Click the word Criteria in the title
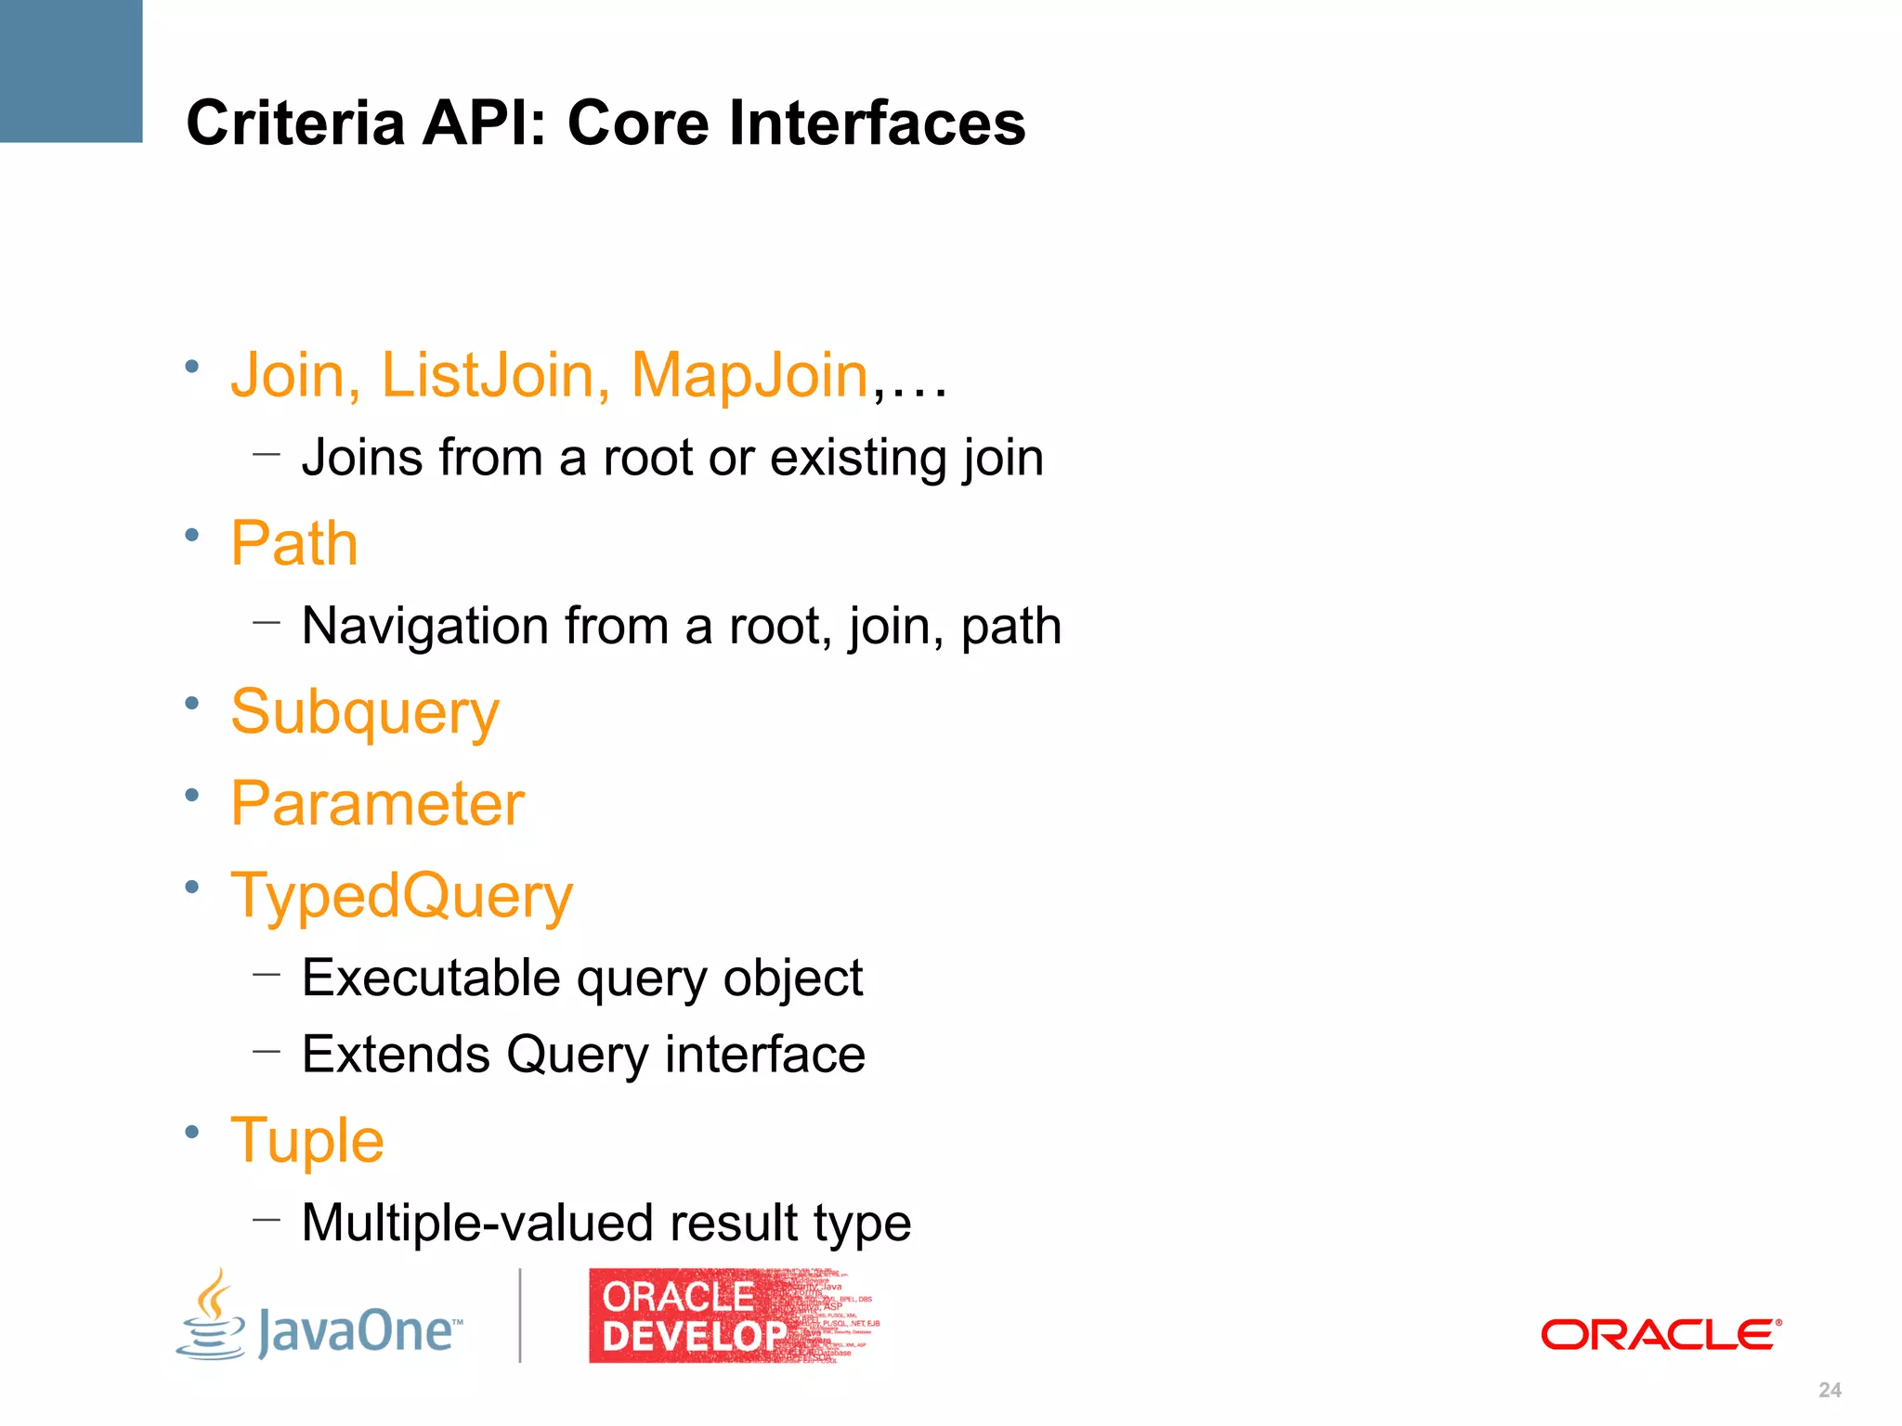295,123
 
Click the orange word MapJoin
749,375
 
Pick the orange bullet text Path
294,543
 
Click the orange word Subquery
365,713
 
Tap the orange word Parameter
378,804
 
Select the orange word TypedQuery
402,897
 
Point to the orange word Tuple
307,1141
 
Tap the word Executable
431,979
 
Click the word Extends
396,1055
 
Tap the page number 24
1830,1390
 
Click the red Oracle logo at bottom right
1661,1335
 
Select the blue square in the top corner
71,71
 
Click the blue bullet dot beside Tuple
192,1132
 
